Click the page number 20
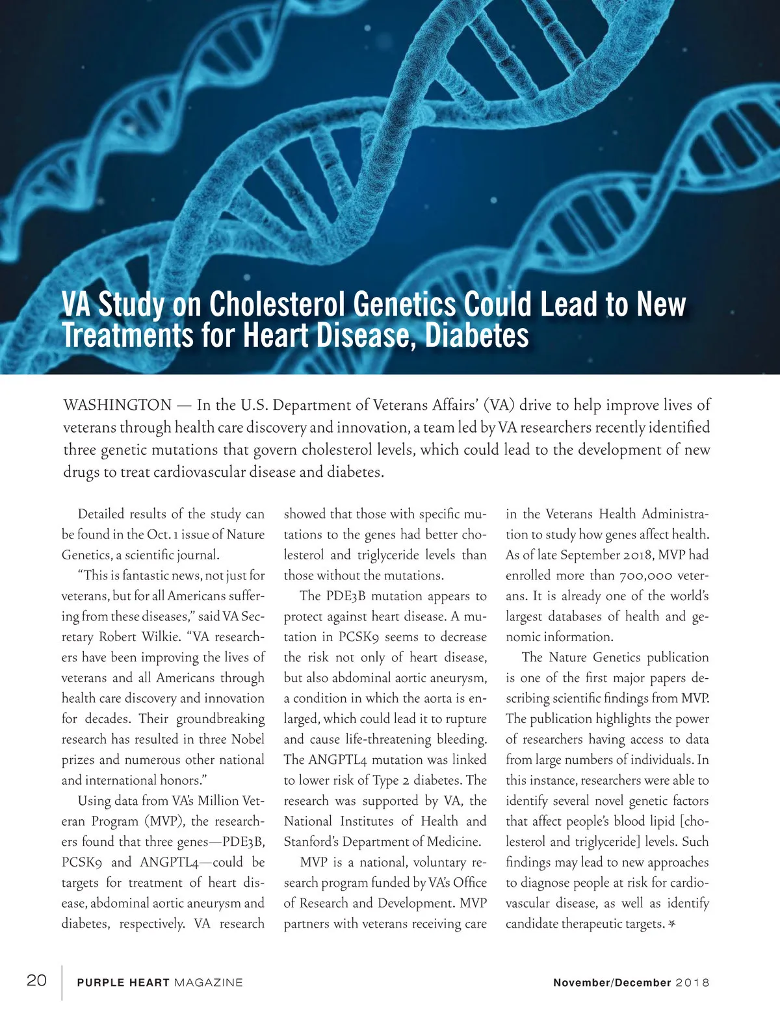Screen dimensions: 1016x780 pyautogui.click(x=36, y=980)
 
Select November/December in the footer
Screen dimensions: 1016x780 pyautogui.click(x=612, y=983)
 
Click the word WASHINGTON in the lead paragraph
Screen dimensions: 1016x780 pyautogui.click(x=117, y=405)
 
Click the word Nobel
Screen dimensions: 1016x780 pyautogui.click(x=248, y=739)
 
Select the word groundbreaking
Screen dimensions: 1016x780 pyautogui.click(x=220, y=719)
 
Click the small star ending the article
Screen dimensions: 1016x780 pyautogui.click(x=672, y=924)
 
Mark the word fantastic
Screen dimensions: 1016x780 pyautogui.click(x=154, y=576)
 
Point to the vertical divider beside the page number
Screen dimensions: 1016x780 pyautogui.click(x=62, y=982)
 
